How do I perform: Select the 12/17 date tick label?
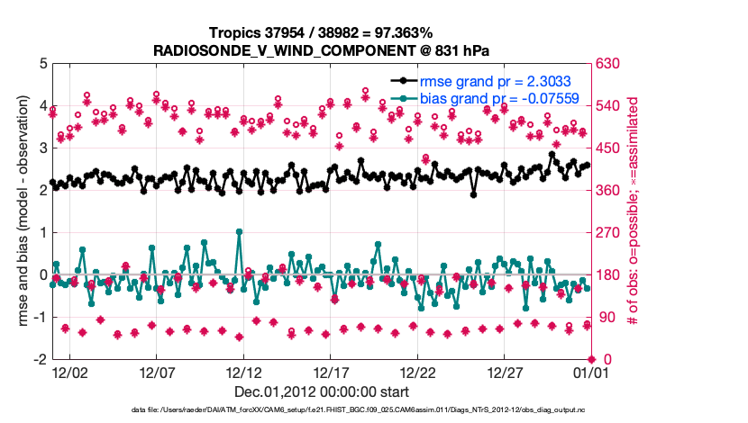click(331, 372)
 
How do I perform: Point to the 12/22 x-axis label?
click(418, 372)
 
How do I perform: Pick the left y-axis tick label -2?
click(41, 359)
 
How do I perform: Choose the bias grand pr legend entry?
click(499, 98)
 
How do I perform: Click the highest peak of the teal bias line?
click(239, 231)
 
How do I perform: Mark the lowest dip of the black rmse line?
click(473, 194)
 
